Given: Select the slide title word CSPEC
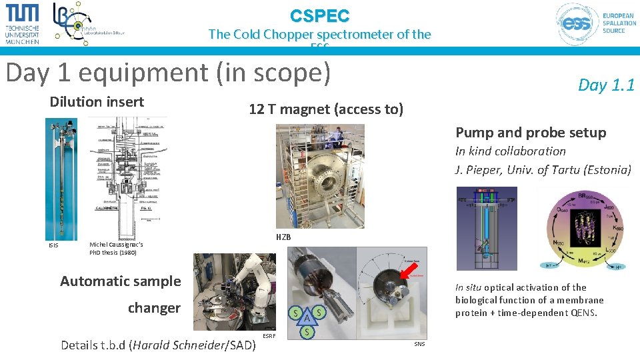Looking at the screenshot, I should (x=319, y=15).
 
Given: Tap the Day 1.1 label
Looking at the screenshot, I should (x=605, y=85).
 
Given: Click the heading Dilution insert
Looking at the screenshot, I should (x=97, y=102).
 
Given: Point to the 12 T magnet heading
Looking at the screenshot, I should (x=325, y=109).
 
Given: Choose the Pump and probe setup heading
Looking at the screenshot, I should (x=531, y=133).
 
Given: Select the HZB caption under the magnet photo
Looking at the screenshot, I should (x=283, y=237).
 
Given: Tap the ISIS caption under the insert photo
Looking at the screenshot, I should (x=53, y=245).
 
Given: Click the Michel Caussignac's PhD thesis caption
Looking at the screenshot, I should (x=116, y=249).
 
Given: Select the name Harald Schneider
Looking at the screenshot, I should (x=179, y=345).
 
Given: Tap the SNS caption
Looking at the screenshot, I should (x=419, y=344).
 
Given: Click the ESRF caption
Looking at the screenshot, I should (x=269, y=336).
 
